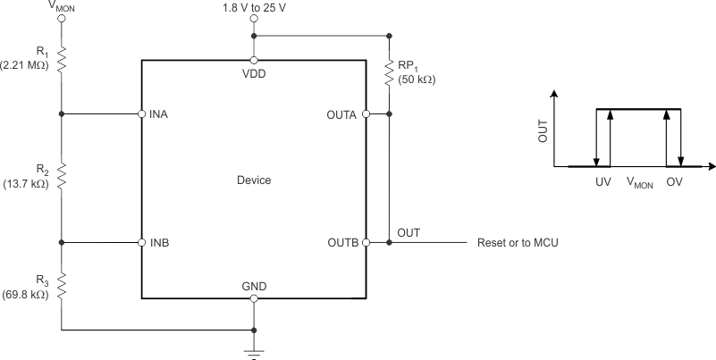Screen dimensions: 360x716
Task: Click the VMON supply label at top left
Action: [x=61, y=5]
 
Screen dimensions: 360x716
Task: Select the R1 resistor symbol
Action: [x=62, y=59]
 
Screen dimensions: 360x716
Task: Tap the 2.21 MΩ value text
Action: [x=28, y=63]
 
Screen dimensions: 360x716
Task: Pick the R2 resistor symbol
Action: [x=62, y=178]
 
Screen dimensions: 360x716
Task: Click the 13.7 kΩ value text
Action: [x=28, y=184]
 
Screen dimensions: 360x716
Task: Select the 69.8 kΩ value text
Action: [x=28, y=291]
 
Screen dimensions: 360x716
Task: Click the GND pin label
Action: [x=254, y=287]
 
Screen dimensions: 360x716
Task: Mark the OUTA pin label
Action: [x=343, y=114]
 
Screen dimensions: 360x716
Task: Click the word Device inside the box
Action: [x=254, y=180]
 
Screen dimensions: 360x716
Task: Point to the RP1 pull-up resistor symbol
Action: [x=390, y=70]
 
